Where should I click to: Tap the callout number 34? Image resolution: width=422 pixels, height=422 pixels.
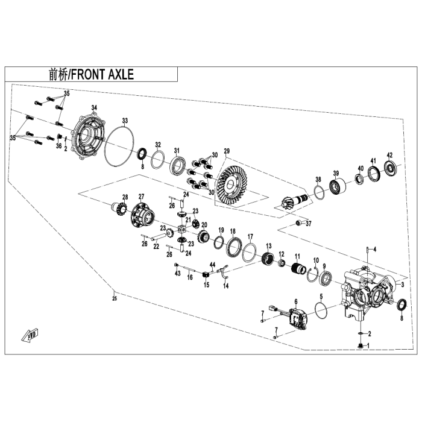pyautogui.click(x=94, y=107)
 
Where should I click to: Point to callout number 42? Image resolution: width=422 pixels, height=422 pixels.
pyautogui.click(x=389, y=155)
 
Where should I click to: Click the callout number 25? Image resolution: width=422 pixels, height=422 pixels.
pyautogui.click(x=115, y=297)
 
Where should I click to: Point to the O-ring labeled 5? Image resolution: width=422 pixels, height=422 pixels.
pyautogui.click(x=322, y=309)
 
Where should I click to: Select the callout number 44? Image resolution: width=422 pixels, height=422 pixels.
pyautogui.click(x=212, y=265)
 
